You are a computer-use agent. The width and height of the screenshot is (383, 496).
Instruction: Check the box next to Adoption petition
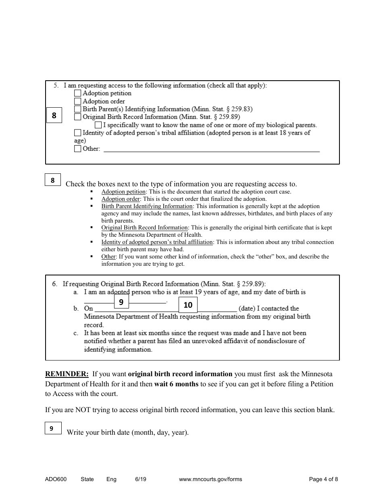point(78,93)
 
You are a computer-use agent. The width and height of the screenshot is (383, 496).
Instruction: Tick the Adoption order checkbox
point(78,101)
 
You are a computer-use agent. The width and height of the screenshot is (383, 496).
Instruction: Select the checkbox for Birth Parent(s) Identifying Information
point(78,109)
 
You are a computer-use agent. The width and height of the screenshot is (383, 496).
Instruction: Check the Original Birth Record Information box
point(78,117)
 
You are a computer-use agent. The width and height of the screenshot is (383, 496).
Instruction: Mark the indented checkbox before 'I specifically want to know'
point(98,125)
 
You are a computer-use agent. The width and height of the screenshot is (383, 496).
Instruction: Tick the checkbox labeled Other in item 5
point(78,149)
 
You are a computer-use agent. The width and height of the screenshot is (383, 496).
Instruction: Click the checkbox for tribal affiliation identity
point(78,133)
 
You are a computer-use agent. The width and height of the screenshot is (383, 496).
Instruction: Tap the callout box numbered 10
point(188,305)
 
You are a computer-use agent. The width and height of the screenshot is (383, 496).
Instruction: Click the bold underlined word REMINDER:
point(67,374)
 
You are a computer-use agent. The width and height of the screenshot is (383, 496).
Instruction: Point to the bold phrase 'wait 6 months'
point(176,384)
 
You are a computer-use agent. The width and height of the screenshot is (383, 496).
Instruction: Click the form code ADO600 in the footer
point(56,479)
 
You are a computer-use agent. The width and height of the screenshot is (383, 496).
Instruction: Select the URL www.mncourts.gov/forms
point(210,479)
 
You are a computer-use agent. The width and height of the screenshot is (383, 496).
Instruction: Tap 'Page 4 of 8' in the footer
point(323,479)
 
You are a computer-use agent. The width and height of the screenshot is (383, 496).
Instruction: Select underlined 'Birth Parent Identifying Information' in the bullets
point(147,206)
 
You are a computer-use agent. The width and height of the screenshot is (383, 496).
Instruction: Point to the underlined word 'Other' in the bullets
point(108,257)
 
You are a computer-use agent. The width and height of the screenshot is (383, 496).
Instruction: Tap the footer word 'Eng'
point(111,479)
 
